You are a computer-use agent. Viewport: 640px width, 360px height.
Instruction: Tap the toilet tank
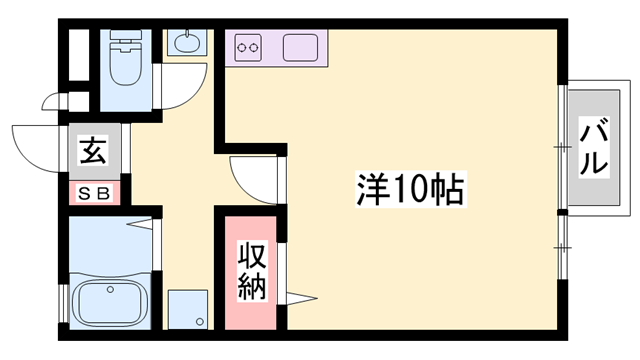tap(125, 43)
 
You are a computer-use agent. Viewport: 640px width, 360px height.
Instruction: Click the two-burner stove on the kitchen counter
tap(249, 47)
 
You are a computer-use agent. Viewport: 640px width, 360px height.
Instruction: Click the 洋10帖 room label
tap(410, 188)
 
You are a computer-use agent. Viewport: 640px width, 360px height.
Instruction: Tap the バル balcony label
tap(594, 146)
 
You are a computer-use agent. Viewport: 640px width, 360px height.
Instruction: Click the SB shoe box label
tap(94, 192)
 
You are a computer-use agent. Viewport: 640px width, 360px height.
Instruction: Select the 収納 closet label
tap(250, 271)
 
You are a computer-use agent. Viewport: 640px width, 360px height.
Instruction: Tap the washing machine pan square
tap(188, 309)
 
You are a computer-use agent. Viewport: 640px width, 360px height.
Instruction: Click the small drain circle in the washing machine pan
tap(201, 321)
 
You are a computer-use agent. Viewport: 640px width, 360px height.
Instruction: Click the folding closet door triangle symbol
tap(301, 297)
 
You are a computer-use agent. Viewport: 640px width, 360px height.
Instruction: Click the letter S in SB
tap(85, 192)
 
